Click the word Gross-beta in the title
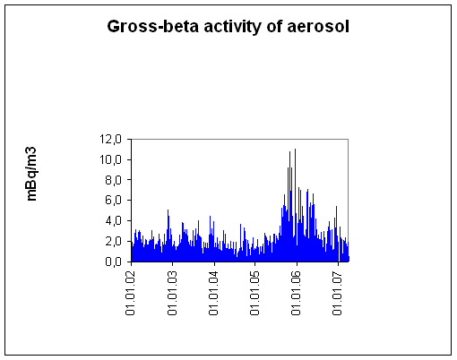[152, 26]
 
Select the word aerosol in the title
[318, 26]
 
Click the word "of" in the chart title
[274, 26]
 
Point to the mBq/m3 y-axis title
[31, 174]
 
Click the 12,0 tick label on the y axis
[110, 139]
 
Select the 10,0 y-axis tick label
[110, 159]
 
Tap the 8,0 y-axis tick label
[113, 180]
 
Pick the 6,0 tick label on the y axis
[113, 200]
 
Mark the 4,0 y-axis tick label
[113, 220]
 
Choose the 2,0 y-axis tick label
[113, 241]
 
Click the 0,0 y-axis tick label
[113, 261]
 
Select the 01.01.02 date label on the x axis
[131, 294]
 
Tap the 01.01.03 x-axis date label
[172, 294]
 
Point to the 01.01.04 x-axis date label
[213, 294]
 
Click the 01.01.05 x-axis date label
[254, 294]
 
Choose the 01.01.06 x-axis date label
[296, 294]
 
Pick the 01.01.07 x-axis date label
[337, 294]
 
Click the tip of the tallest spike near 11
[295, 149]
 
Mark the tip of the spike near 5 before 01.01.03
[168, 210]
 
